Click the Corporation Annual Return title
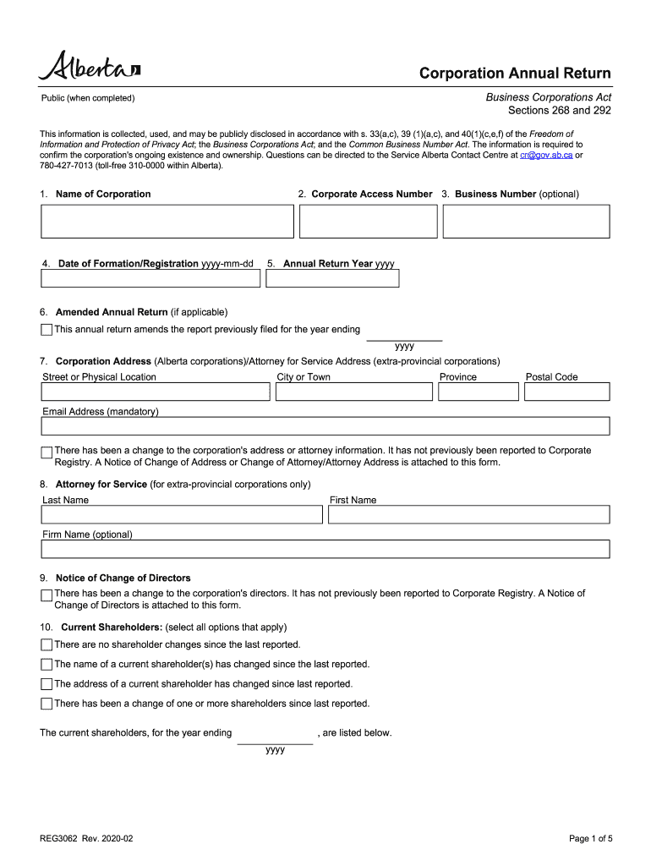[515, 74]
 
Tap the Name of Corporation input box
[167, 222]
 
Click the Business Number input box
[525, 222]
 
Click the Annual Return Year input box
[332, 278]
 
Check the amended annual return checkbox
[46, 330]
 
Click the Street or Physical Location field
[156, 392]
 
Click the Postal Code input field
[566, 392]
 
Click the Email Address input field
[325, 425]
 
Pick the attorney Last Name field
[183, 514]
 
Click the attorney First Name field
[468, 514]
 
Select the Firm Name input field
[325, 549]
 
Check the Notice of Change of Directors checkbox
[46, 595]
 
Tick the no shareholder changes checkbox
[46, 645]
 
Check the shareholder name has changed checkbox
[46, 665]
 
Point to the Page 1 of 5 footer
[589, 839]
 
